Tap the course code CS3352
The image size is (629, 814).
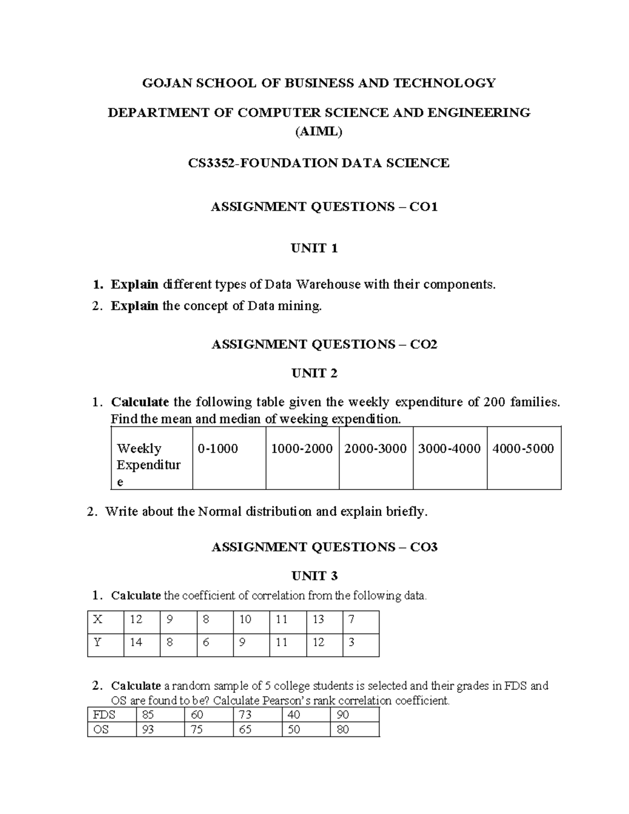[x=212, y=163]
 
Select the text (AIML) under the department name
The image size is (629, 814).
[x=319, y=132]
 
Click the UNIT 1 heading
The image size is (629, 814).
[x=314, y=248]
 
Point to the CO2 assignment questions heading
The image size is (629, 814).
[x=324, y=344]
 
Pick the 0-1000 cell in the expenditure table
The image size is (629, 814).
[x=218, y=449]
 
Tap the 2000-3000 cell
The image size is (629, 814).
[x=375, y=449]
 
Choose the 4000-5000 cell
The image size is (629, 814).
[x=523, y=449]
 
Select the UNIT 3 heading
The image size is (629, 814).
[x=314, y=576]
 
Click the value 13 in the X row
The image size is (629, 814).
[x=318, y=620]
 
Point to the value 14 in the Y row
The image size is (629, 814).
[x=136, y=643]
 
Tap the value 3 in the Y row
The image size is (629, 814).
[x=351, y=643]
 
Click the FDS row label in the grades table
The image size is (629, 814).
[x=104, y=715]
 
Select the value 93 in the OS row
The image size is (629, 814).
[x=148, y=730]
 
